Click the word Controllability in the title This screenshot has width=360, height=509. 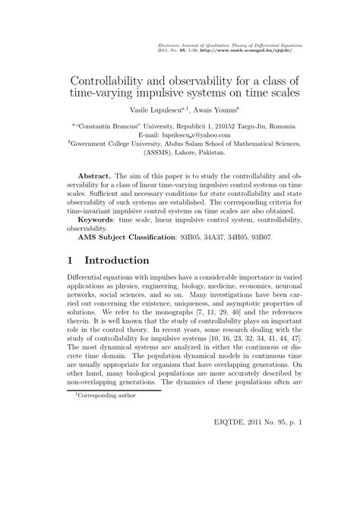pyautogui.click(x=112, y=78)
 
